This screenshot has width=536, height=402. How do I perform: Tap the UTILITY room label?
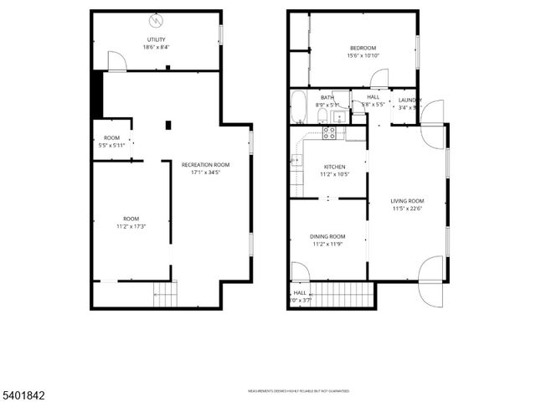(x=156, y=39)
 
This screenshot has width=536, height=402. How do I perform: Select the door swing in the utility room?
(x=116, y=60)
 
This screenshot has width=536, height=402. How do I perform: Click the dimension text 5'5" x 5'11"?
(x=111, y=145)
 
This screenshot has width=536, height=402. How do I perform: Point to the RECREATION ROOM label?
(x=205, y=165)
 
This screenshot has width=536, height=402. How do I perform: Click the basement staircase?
(x=166, y=295)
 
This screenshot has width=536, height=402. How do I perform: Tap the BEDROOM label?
(x=363, y=48)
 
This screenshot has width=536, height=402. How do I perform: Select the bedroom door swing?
(x=379, y=79)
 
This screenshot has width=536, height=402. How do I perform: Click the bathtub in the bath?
(x=299, y=106)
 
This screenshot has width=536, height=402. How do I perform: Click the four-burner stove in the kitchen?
(x=330, y=131)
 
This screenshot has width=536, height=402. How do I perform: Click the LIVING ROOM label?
(x=407, y=201)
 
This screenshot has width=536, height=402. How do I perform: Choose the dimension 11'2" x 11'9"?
(x=328, y=245)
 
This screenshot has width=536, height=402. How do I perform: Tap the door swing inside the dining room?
(x=299, y=271)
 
